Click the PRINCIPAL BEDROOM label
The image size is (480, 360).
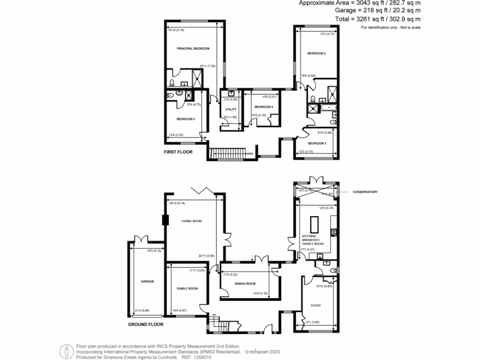[x=193, y=49]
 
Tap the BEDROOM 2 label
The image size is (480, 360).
[x=316, y=53]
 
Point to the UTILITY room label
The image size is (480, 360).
[x=231, y=110]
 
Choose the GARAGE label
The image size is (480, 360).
[x=148, y=282]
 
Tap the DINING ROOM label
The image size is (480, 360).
[x=245, y=284]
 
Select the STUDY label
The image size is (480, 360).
[x=315, y=306]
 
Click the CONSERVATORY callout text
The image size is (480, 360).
[x=366, y=192]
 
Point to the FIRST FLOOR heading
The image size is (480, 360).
[x=178, y=152]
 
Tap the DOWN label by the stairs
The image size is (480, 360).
[x=249, y=153]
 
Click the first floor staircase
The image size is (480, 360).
[x=227, y=153]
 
